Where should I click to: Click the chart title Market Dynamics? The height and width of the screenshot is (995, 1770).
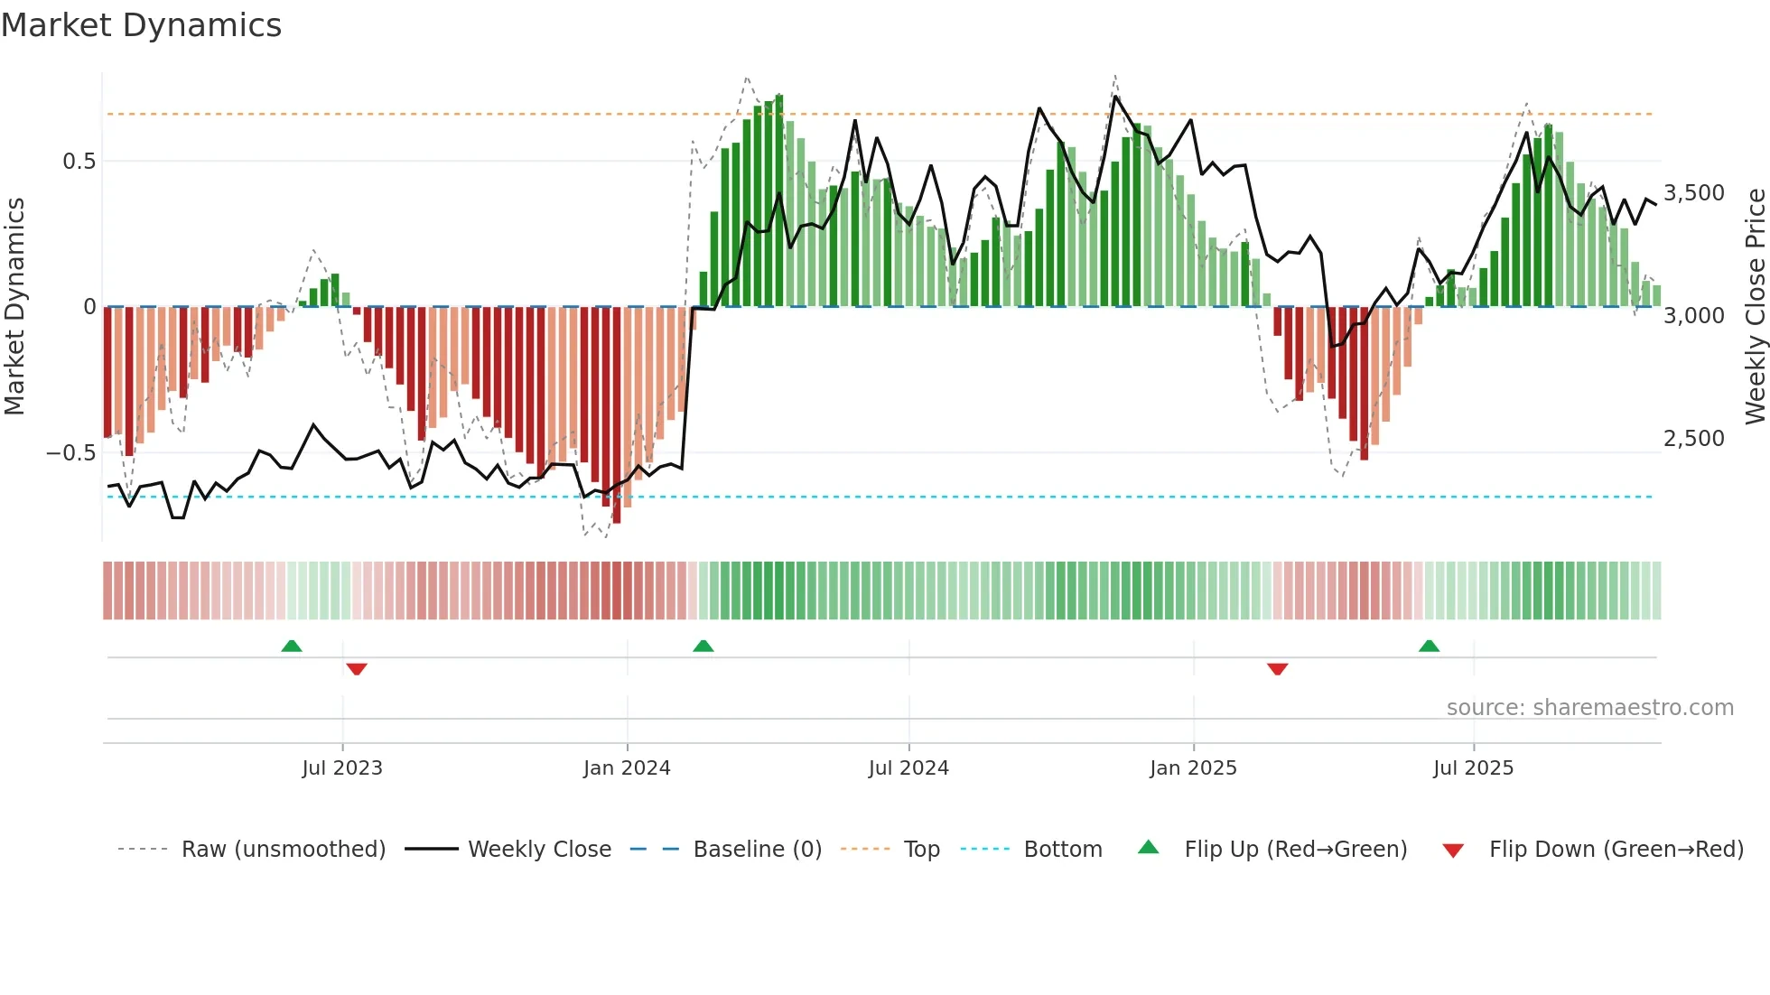(x=141, y=25)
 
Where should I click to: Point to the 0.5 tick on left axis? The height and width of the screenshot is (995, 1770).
(x=79, y=162)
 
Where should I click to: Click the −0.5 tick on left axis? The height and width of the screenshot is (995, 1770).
(x=71, y=452)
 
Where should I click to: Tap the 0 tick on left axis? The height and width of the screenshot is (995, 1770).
(x=89, y=307)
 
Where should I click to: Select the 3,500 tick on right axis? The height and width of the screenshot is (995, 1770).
(x=1693, y=193)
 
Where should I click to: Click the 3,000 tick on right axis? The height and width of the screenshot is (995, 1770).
(x=1693, y=316)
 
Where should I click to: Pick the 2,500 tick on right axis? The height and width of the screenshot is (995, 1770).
(x=1693, y=439)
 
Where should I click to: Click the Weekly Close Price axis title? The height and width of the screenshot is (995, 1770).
(x=1755, y=306)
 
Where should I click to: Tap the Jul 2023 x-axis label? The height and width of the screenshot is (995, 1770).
(x=342, y=768)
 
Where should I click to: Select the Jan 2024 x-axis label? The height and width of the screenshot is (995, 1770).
(x=627, y=768)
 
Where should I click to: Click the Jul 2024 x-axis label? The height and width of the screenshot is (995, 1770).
(x=908, y=768)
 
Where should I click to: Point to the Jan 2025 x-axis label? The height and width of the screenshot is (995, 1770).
(x=1193, y=768)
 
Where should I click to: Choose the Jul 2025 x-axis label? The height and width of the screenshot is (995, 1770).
(x=1473, y=768)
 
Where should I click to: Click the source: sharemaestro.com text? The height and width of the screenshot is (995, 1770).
(x=1589, y=708)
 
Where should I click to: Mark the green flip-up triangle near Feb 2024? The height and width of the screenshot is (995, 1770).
(x=703, y=646)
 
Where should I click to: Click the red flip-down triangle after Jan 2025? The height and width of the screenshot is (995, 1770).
(x=1277, y=669)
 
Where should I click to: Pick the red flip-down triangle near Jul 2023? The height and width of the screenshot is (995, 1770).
(x=357, y=669)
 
